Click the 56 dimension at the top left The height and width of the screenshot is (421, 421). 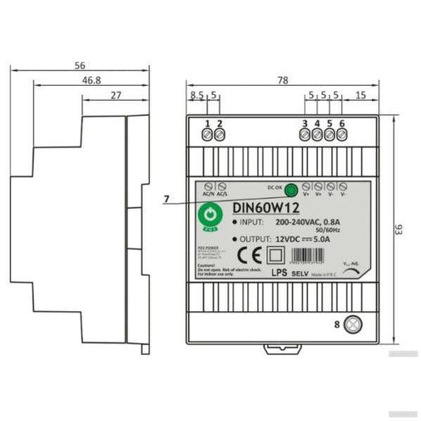tap(80, 65)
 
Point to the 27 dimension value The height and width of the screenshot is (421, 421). tap(116, 95)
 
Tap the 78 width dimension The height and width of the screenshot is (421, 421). tap(283, 81)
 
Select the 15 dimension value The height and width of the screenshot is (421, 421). tap(360, 95)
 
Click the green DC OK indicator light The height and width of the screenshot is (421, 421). tap(290, 188)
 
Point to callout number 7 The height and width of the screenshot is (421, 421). tap(166, 199)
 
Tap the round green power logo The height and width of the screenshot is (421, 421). tap(209, 215)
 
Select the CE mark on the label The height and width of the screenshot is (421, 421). tap(246, 255)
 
